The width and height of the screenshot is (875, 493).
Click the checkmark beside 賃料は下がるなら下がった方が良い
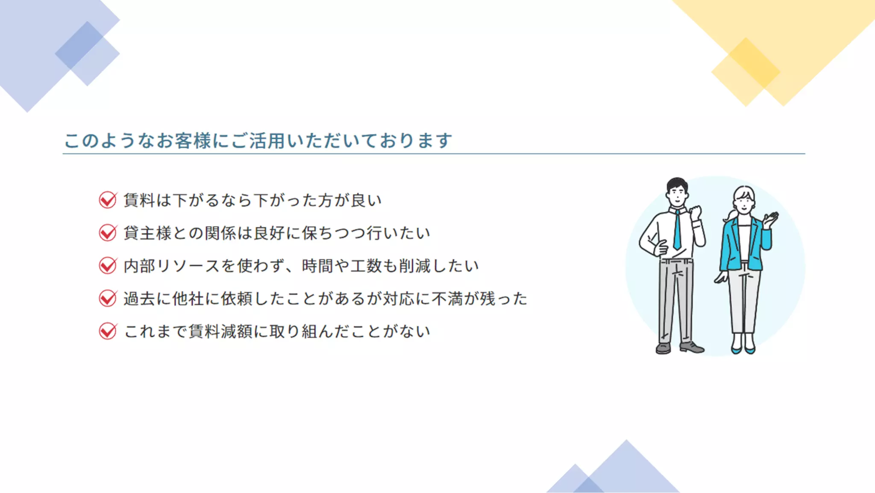108,200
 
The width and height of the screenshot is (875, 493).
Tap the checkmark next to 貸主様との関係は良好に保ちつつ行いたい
108,233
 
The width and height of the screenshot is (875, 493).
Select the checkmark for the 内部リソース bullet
108,266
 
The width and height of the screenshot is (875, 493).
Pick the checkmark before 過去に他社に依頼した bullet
108,298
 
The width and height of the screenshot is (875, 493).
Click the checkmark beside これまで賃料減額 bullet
108,331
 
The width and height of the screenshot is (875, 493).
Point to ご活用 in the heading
258,141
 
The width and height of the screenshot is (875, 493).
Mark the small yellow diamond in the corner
746,72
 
